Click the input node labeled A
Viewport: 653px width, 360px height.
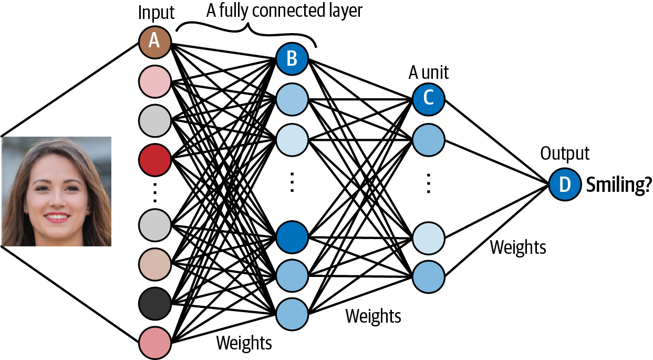coord(154,41)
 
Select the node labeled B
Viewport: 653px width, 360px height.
coord(292,58)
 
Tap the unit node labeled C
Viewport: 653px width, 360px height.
coord(428,98)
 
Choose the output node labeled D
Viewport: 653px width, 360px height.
coord(565,184)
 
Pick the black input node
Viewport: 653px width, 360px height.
coord(154,303)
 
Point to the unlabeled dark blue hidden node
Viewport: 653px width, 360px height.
coord(292,236)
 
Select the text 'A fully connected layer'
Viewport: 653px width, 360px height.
coord(284,11)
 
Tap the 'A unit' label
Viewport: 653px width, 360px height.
coord(429,72)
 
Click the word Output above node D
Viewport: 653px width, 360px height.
coord(565,154)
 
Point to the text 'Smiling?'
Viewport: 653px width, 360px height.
coord(618,185)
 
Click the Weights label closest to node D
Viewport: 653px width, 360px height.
coord(518,247)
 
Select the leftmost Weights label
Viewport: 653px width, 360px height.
coord(244,343)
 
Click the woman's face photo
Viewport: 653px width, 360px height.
coord(56,191)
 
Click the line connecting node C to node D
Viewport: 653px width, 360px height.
coord(496,141)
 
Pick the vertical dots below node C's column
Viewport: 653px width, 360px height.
coord(428,184)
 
